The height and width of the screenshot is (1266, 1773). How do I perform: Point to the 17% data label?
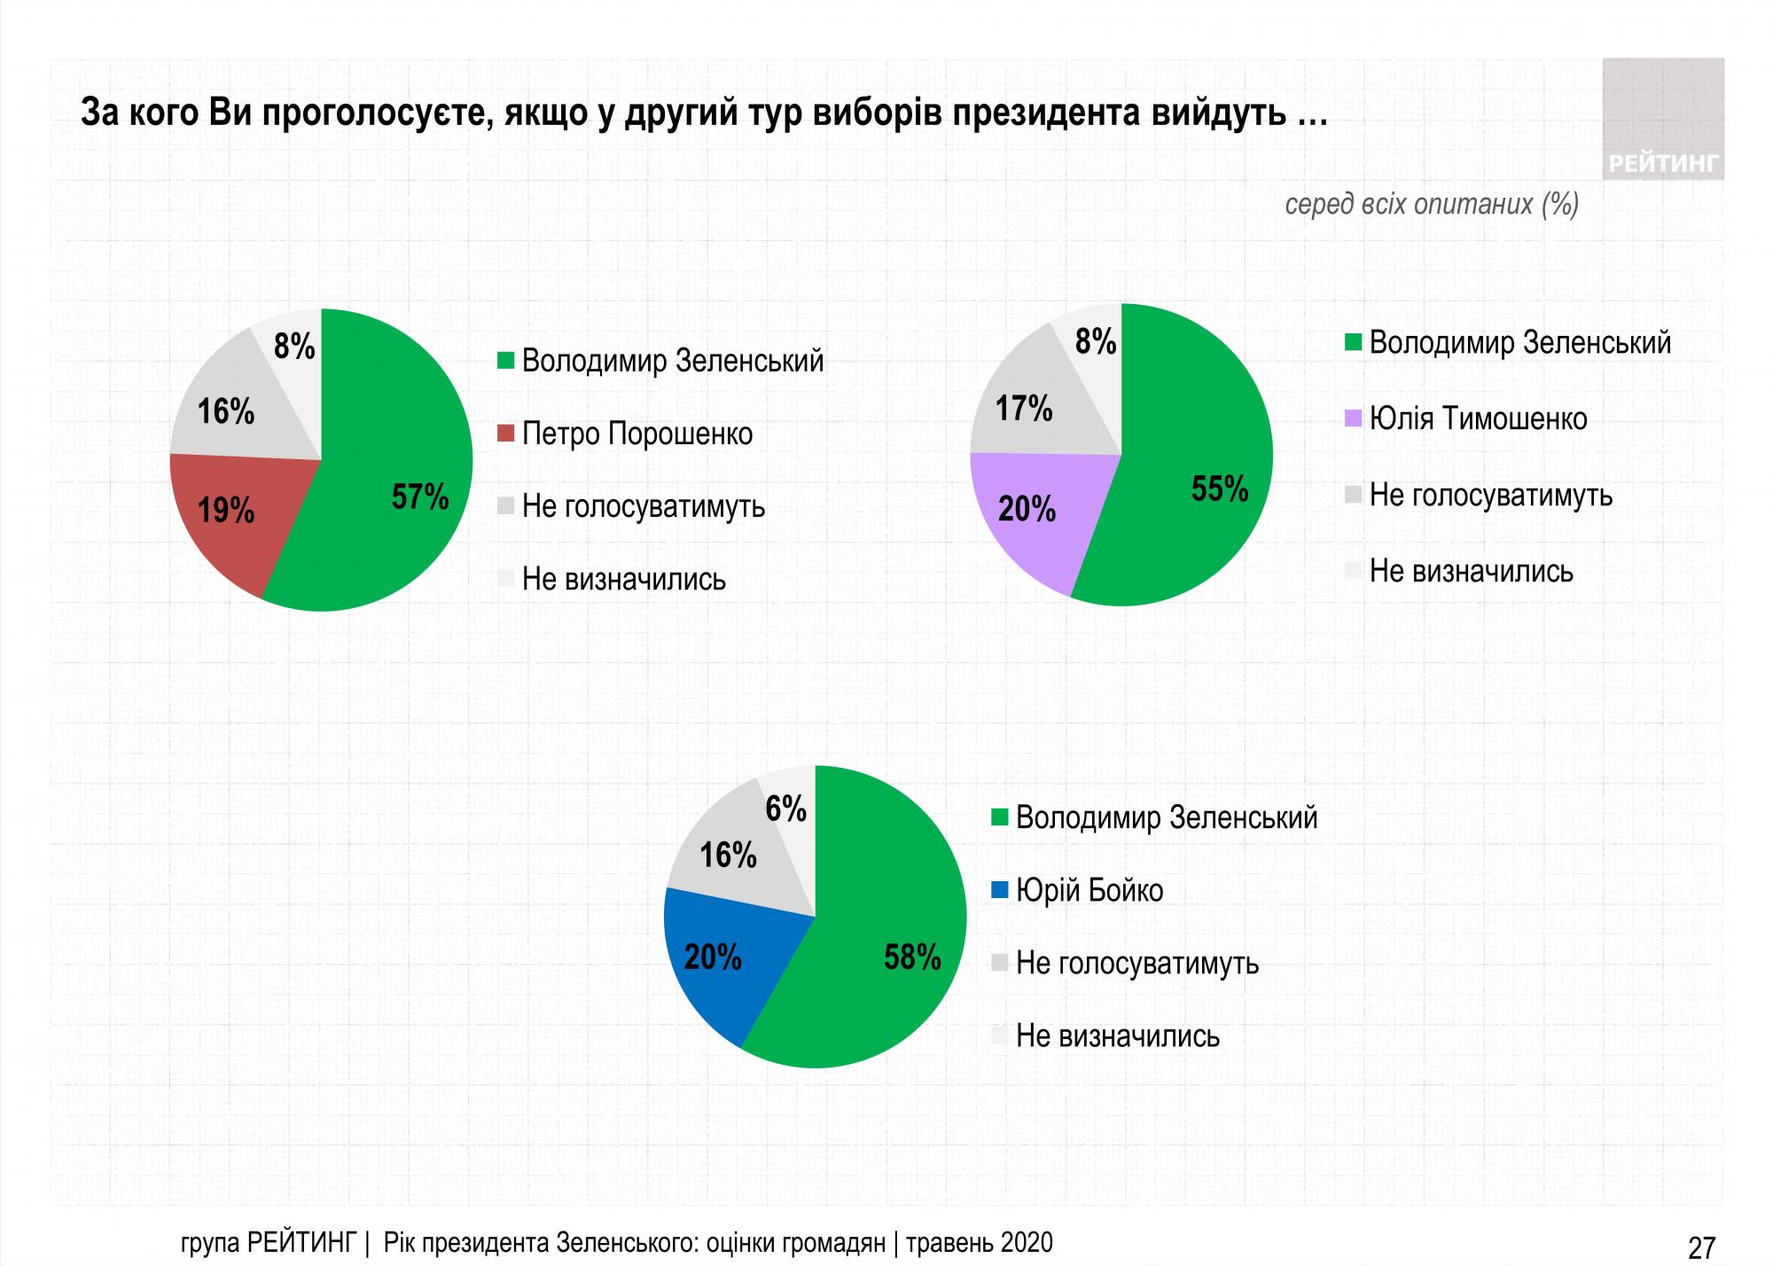(1024, 410)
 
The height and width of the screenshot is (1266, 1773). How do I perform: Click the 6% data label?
(785, 809)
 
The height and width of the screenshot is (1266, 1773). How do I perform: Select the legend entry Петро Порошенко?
(637, 434)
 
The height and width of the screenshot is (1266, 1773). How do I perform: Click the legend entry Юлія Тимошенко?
(1478, 418)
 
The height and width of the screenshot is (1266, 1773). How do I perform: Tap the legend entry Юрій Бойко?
(1089, 890)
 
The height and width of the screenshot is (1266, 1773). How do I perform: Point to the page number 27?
(1701, 1247)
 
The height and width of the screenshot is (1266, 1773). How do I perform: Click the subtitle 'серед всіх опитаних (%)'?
(1432, 205)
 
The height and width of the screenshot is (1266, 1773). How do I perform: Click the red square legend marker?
(506, 434)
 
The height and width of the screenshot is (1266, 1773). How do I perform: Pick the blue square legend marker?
(999, 890)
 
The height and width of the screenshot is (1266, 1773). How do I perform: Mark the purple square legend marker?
(1353, 418)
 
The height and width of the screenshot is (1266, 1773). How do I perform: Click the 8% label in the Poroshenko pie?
(294, 347)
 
